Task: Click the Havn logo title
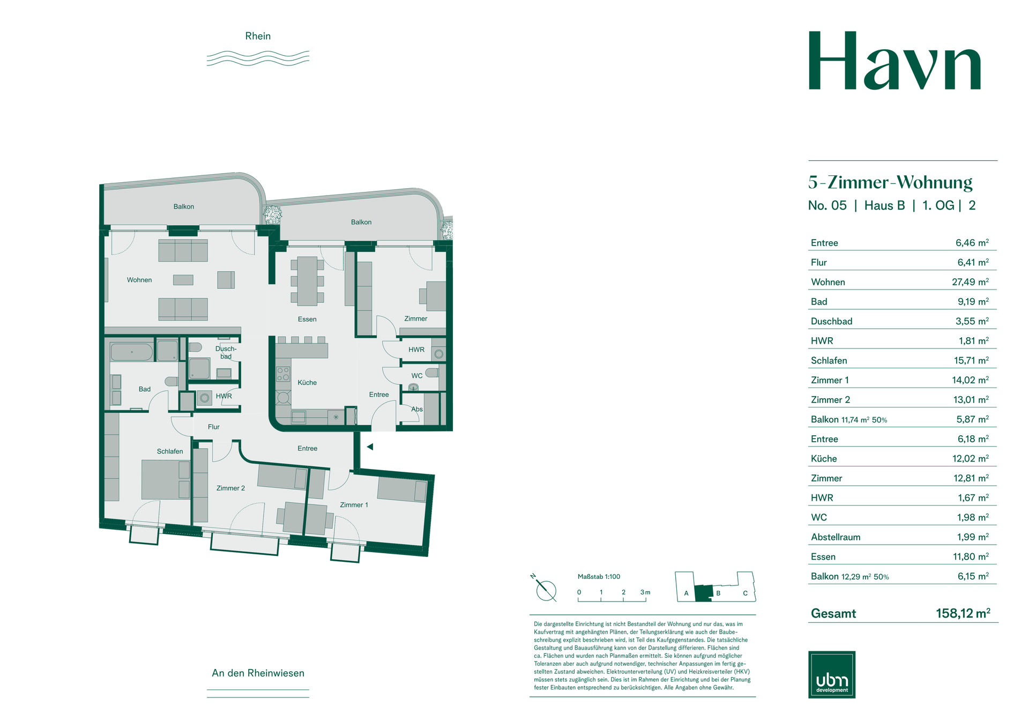pos(894,61)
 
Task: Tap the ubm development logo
pos(831,674)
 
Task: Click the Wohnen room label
pos(139,280)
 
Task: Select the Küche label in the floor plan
pos(307,382)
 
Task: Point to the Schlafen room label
pos(170,451)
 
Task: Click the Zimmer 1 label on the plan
pos(354,504)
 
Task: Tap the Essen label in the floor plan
pos(307,319)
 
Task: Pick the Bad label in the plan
pos(145,389)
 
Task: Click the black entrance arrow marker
pos(370,447)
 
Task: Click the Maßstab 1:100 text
pos(599,577)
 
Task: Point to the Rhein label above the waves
pos(258,36)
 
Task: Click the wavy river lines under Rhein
pos(258,58)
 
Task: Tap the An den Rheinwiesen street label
pos(258,673)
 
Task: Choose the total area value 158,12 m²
pos(963,613)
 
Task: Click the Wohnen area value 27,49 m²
pos(970,282)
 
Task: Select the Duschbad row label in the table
pos(831,321)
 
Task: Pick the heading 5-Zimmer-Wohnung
pos(890,182)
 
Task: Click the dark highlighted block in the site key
pos(703,593)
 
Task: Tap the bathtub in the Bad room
pos(132,352)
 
